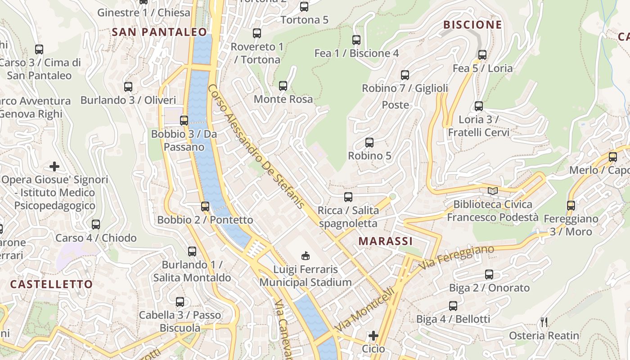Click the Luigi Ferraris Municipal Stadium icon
(306, 256)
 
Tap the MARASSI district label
(386, 241)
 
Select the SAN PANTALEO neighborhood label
(159, 32)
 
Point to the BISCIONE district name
(472, 25)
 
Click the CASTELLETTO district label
(51, 284)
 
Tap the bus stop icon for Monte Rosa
(283, 85)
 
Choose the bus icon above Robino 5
(369, 143)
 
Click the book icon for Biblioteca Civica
(493, 191)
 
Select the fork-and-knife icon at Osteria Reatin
(544, 322)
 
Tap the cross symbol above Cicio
(373, 336)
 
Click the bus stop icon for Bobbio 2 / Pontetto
(205, 206)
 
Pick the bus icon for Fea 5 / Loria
(482, 55)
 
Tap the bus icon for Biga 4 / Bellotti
(453, 306)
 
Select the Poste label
(396, 105)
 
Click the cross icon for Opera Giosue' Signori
(54, 166)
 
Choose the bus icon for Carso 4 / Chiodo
(96, 224)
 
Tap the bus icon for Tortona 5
(304, 7)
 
